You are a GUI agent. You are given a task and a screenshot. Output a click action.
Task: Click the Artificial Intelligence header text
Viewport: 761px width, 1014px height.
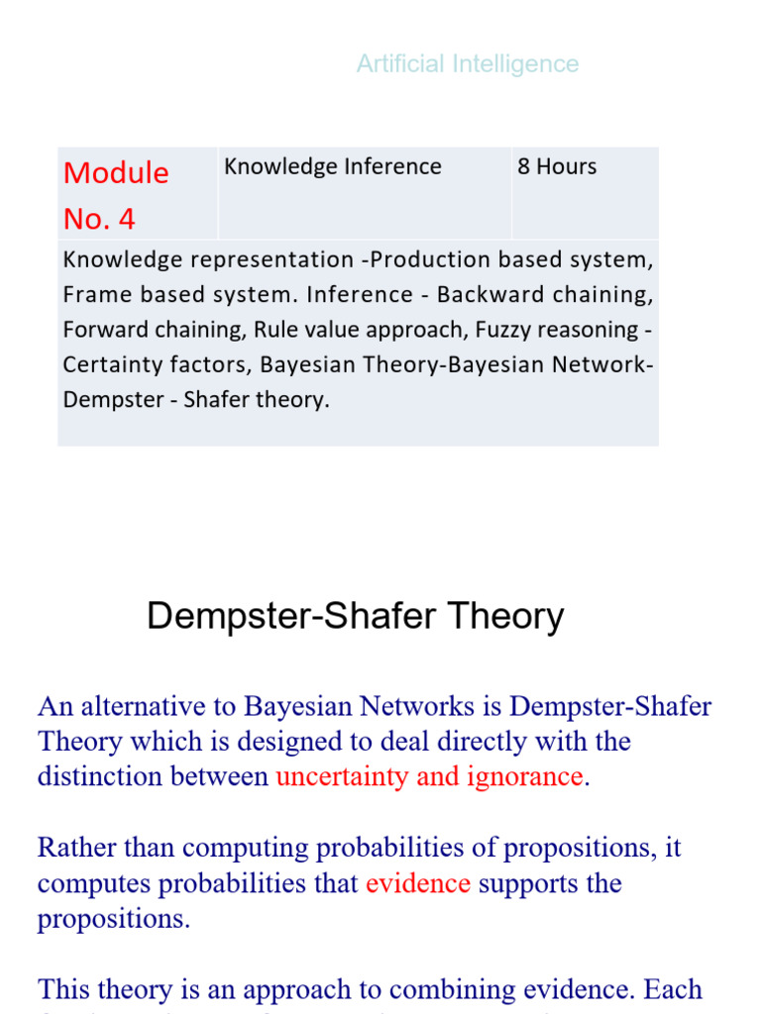pyautogui.click(x=468, y=64)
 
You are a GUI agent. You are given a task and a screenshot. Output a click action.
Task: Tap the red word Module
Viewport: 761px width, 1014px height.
pyautogui.click(x=116, y=173)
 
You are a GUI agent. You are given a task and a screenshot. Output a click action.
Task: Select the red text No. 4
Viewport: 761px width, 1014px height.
pyautogui.click(x=99, y=220)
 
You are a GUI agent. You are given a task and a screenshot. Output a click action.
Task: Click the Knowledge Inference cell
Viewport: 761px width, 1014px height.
pyautogui.click(x=332, y=167)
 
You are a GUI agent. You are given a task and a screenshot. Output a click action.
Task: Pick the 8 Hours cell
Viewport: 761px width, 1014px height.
pyautogui.click(x=557, y=167)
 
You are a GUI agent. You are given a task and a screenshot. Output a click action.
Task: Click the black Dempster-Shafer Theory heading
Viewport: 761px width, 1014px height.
pyautogui.click(x=355, y=617)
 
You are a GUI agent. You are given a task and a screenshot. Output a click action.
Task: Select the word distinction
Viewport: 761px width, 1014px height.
pyautogui.click(x=95, y=776)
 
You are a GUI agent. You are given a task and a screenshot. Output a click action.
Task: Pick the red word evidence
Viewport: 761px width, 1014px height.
pyautogui.click(x=417, y=883)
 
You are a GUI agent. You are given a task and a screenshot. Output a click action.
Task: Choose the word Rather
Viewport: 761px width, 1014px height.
pyautogui.click(x=73, y=849)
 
